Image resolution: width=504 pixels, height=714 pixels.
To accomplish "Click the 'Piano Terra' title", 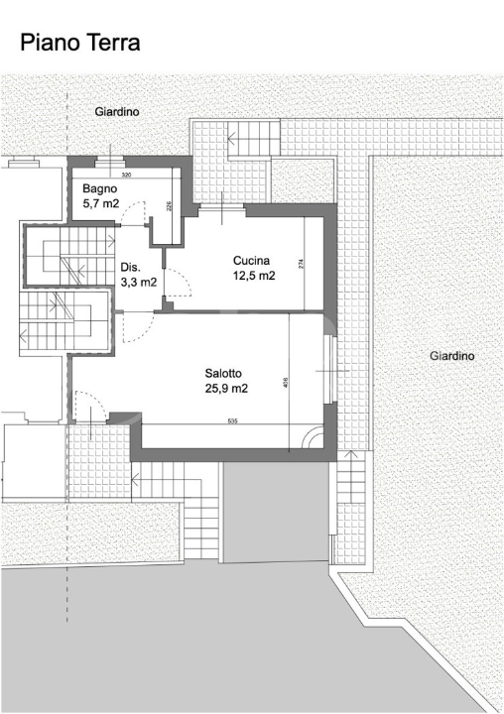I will (x=80, y=43).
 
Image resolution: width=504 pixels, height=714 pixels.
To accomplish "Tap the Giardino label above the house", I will (x=117, y=113).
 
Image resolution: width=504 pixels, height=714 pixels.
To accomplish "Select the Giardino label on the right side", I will (x=452, y=356).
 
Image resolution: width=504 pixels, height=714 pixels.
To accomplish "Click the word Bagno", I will (x=100, y=188).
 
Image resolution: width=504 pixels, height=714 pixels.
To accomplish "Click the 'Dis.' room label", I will (x=130, y=268).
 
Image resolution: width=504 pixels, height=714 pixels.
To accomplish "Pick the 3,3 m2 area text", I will (x=138, y=282).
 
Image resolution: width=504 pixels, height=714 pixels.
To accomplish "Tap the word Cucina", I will (x=253, y=261).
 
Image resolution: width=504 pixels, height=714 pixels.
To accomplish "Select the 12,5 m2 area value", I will (x=253, y=276).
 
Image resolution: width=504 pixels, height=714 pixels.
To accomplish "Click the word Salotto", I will (x=225, y=374).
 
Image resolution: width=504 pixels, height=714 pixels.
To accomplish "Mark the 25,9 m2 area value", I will (x=225, y=388).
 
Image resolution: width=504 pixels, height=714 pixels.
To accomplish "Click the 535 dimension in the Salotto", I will (x=231, y=422).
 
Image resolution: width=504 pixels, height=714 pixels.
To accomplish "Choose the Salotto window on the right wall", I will (x=330, y=370).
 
